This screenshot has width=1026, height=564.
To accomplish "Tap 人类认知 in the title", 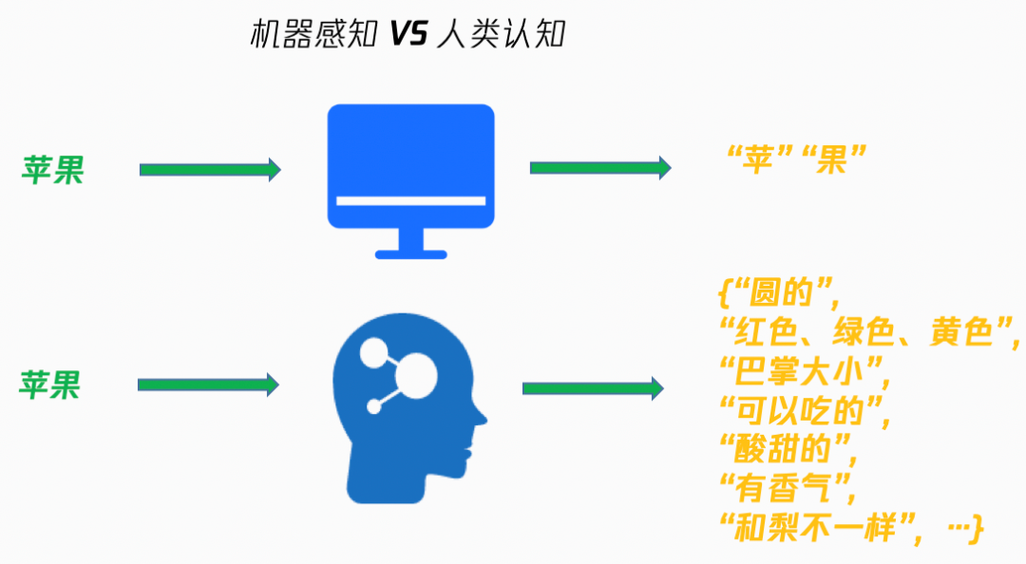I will (500, 35).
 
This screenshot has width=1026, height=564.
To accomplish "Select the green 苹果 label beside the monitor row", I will (53, 170).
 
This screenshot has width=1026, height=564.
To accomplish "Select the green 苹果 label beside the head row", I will (50, 385).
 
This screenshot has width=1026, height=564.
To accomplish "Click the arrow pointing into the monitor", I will (210, 169).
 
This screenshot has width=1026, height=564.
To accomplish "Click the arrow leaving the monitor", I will (600, 168).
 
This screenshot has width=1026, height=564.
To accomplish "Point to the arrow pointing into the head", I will (208, 385).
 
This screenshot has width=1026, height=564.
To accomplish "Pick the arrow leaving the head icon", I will (593, 387).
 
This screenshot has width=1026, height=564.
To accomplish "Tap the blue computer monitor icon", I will (410, 166).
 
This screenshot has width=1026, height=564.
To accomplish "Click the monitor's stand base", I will (410, 254).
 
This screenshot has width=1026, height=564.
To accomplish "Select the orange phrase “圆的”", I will (782, 293).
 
